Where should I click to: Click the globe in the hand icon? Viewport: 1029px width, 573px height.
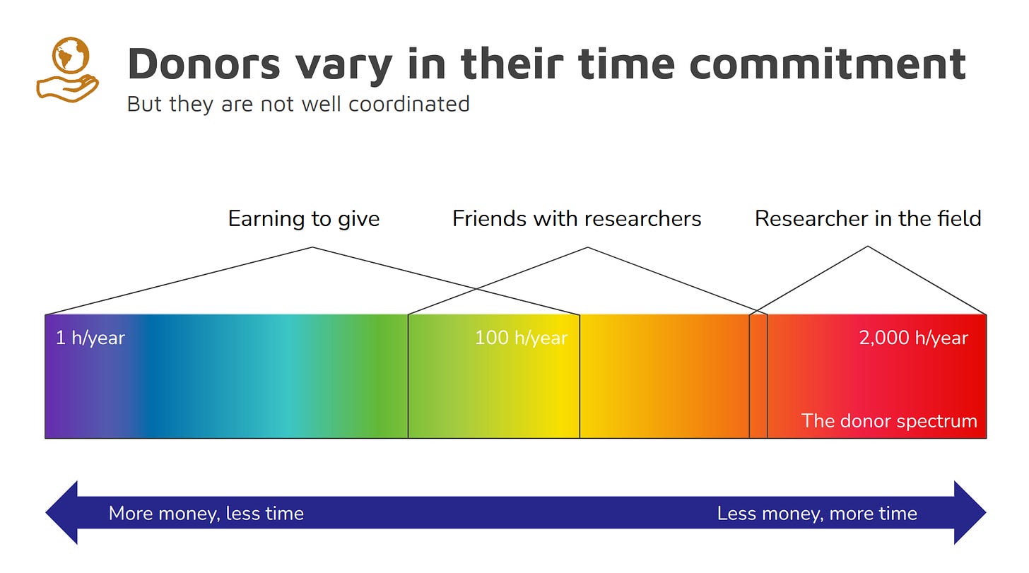pyautogui.click(x=70, y=55)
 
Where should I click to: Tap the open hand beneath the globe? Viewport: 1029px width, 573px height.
pyautogui.click(x=67, y=88)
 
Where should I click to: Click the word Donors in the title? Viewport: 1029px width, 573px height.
pyautogui.click(x=204, y=64)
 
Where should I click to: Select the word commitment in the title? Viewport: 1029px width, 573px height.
pyautogui.click(x=828, y=64)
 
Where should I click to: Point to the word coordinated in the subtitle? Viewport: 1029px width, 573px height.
pyautogui.click(x=409, y=104)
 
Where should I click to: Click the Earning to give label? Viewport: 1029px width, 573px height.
pyautogui.click(x=304, y=218)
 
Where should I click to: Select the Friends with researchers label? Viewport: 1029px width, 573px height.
pyautogui.click(x=577, y=218)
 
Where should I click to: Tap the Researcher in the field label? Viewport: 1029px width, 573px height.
pyautogui.click(x=868, y=218)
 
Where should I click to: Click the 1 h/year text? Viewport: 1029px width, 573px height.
pyautogui.click(x=90, y=338)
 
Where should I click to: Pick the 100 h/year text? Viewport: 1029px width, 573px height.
pyautogui.click(x=521, y=338)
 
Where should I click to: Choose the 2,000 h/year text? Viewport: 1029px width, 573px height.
pyautogui.click(x=913, y=338)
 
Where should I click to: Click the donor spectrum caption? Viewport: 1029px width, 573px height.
pyautogui.click(x=889, y=421)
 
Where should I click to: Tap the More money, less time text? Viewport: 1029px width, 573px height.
pyautogui.click(x=206, y=514)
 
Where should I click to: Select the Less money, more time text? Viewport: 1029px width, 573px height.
pyautogui.click(x=817, y=514)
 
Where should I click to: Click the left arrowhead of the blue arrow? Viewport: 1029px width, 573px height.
pyautogui.click(x=62, y=512)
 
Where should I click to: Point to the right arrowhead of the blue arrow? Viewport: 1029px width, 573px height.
pyautogui.click(x=970, y=512)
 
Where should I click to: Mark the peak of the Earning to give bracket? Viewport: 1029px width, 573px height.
pyautogui.click(x=312, y=247)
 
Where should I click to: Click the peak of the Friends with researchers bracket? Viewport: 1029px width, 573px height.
pyautogui.click(x=587, y=247)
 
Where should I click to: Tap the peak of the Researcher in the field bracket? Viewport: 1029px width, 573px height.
pyautogui.click(x=868, y=247)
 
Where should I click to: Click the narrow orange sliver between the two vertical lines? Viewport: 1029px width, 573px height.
pyautogui.click(x=758, y=377)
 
